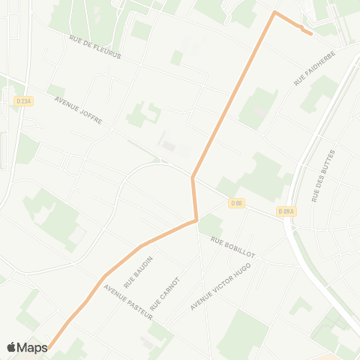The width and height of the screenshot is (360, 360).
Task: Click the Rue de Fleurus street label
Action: click(94, 46)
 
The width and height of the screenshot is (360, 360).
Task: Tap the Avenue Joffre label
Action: click(78, 109)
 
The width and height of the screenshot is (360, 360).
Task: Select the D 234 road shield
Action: click(22, 101)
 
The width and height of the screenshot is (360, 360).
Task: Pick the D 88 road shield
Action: click(237, 202)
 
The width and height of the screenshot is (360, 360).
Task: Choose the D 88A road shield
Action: click(285, 211)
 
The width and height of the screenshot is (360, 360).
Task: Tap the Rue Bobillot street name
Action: click(232, 248)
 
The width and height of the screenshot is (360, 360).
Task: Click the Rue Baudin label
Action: click(138, 272)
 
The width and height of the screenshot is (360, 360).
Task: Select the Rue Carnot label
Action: click(166, 292)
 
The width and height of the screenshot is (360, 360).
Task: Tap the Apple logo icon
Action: click(12, 347)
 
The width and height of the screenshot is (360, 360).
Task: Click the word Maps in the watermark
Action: click(33, 347)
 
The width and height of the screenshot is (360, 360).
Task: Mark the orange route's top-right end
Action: click(311, 33)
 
